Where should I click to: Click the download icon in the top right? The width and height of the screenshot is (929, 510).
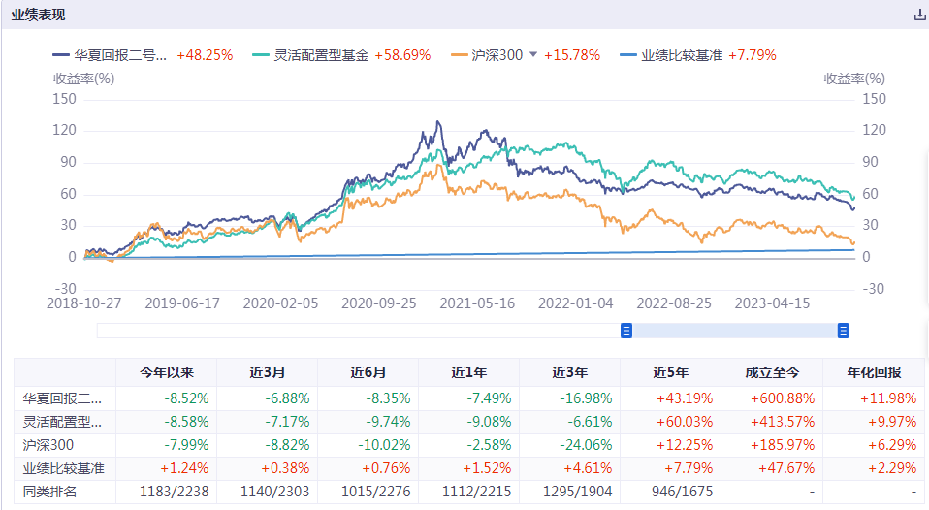click(919, 15)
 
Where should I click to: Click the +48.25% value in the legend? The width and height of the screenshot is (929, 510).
click(205, 55)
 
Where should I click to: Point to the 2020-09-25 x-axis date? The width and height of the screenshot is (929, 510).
click(380, 303)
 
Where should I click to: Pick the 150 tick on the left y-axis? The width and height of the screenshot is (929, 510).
click(64, 98)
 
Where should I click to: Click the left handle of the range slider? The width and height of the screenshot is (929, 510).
click(626, 331)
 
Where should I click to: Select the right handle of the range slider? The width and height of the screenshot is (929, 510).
click(843, 331)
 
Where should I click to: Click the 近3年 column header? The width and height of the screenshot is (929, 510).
click(569, 372)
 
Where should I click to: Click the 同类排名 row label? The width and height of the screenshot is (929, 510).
click(49, 493)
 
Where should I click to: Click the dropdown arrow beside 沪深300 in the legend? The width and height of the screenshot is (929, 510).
click(532, 55)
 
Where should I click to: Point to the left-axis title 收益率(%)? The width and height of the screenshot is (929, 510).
click(84, 78)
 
